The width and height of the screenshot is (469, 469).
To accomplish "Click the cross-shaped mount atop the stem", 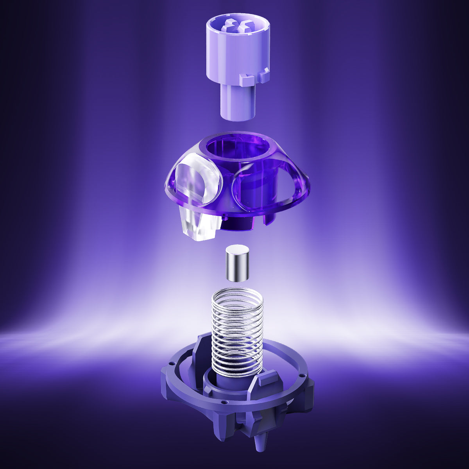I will point(238,27).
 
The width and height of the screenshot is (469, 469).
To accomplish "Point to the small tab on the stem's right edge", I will point(265,74).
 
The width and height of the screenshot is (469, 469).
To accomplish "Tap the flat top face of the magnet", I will point(237,249).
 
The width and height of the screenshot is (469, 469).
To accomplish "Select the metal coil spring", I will point(237,332).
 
